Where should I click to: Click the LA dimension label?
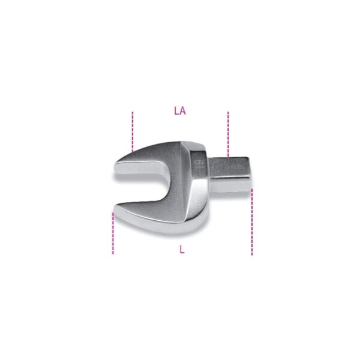(179, 111)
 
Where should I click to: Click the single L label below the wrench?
(182, 250)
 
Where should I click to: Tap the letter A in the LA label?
(182, 111)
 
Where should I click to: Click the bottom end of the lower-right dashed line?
(252, 254)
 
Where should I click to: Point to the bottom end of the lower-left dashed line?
(113, 253)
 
